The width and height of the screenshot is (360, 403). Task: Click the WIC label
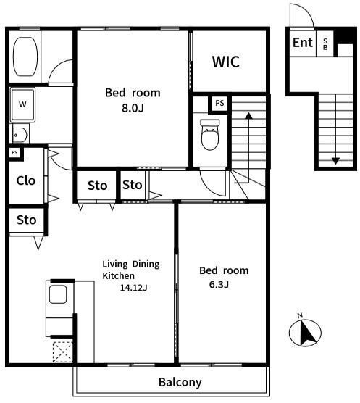tap(226, 62)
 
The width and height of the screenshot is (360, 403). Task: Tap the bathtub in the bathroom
tap(25, 57)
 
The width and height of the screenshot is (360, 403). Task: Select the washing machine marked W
tap(22, 104)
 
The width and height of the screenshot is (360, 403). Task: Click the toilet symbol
tap(210, 134)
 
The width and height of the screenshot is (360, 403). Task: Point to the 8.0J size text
tap(133, 108)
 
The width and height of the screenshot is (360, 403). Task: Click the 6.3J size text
tap(219, 285)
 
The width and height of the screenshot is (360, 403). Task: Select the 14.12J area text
tap(134, 288)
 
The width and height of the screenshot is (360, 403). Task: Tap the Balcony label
tap(180, 383)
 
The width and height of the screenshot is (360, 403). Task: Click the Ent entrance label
tap(303, 43)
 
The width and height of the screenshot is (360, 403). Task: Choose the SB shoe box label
tap(325, 44)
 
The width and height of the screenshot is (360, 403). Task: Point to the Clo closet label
tap(25, 181)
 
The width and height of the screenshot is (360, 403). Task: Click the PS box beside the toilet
tap(219, 104)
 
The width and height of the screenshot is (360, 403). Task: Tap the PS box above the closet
tap(14, 153)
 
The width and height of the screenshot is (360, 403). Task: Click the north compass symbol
tap(305, 333)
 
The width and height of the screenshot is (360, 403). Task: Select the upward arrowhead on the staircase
tap(248, 116)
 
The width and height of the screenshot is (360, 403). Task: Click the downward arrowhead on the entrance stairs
tap(335, 161)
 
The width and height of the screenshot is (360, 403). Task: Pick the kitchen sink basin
tap(58, 294)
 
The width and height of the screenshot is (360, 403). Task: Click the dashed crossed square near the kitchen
tap(62, 352)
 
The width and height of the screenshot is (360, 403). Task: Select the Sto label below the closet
tap(27, 220)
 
